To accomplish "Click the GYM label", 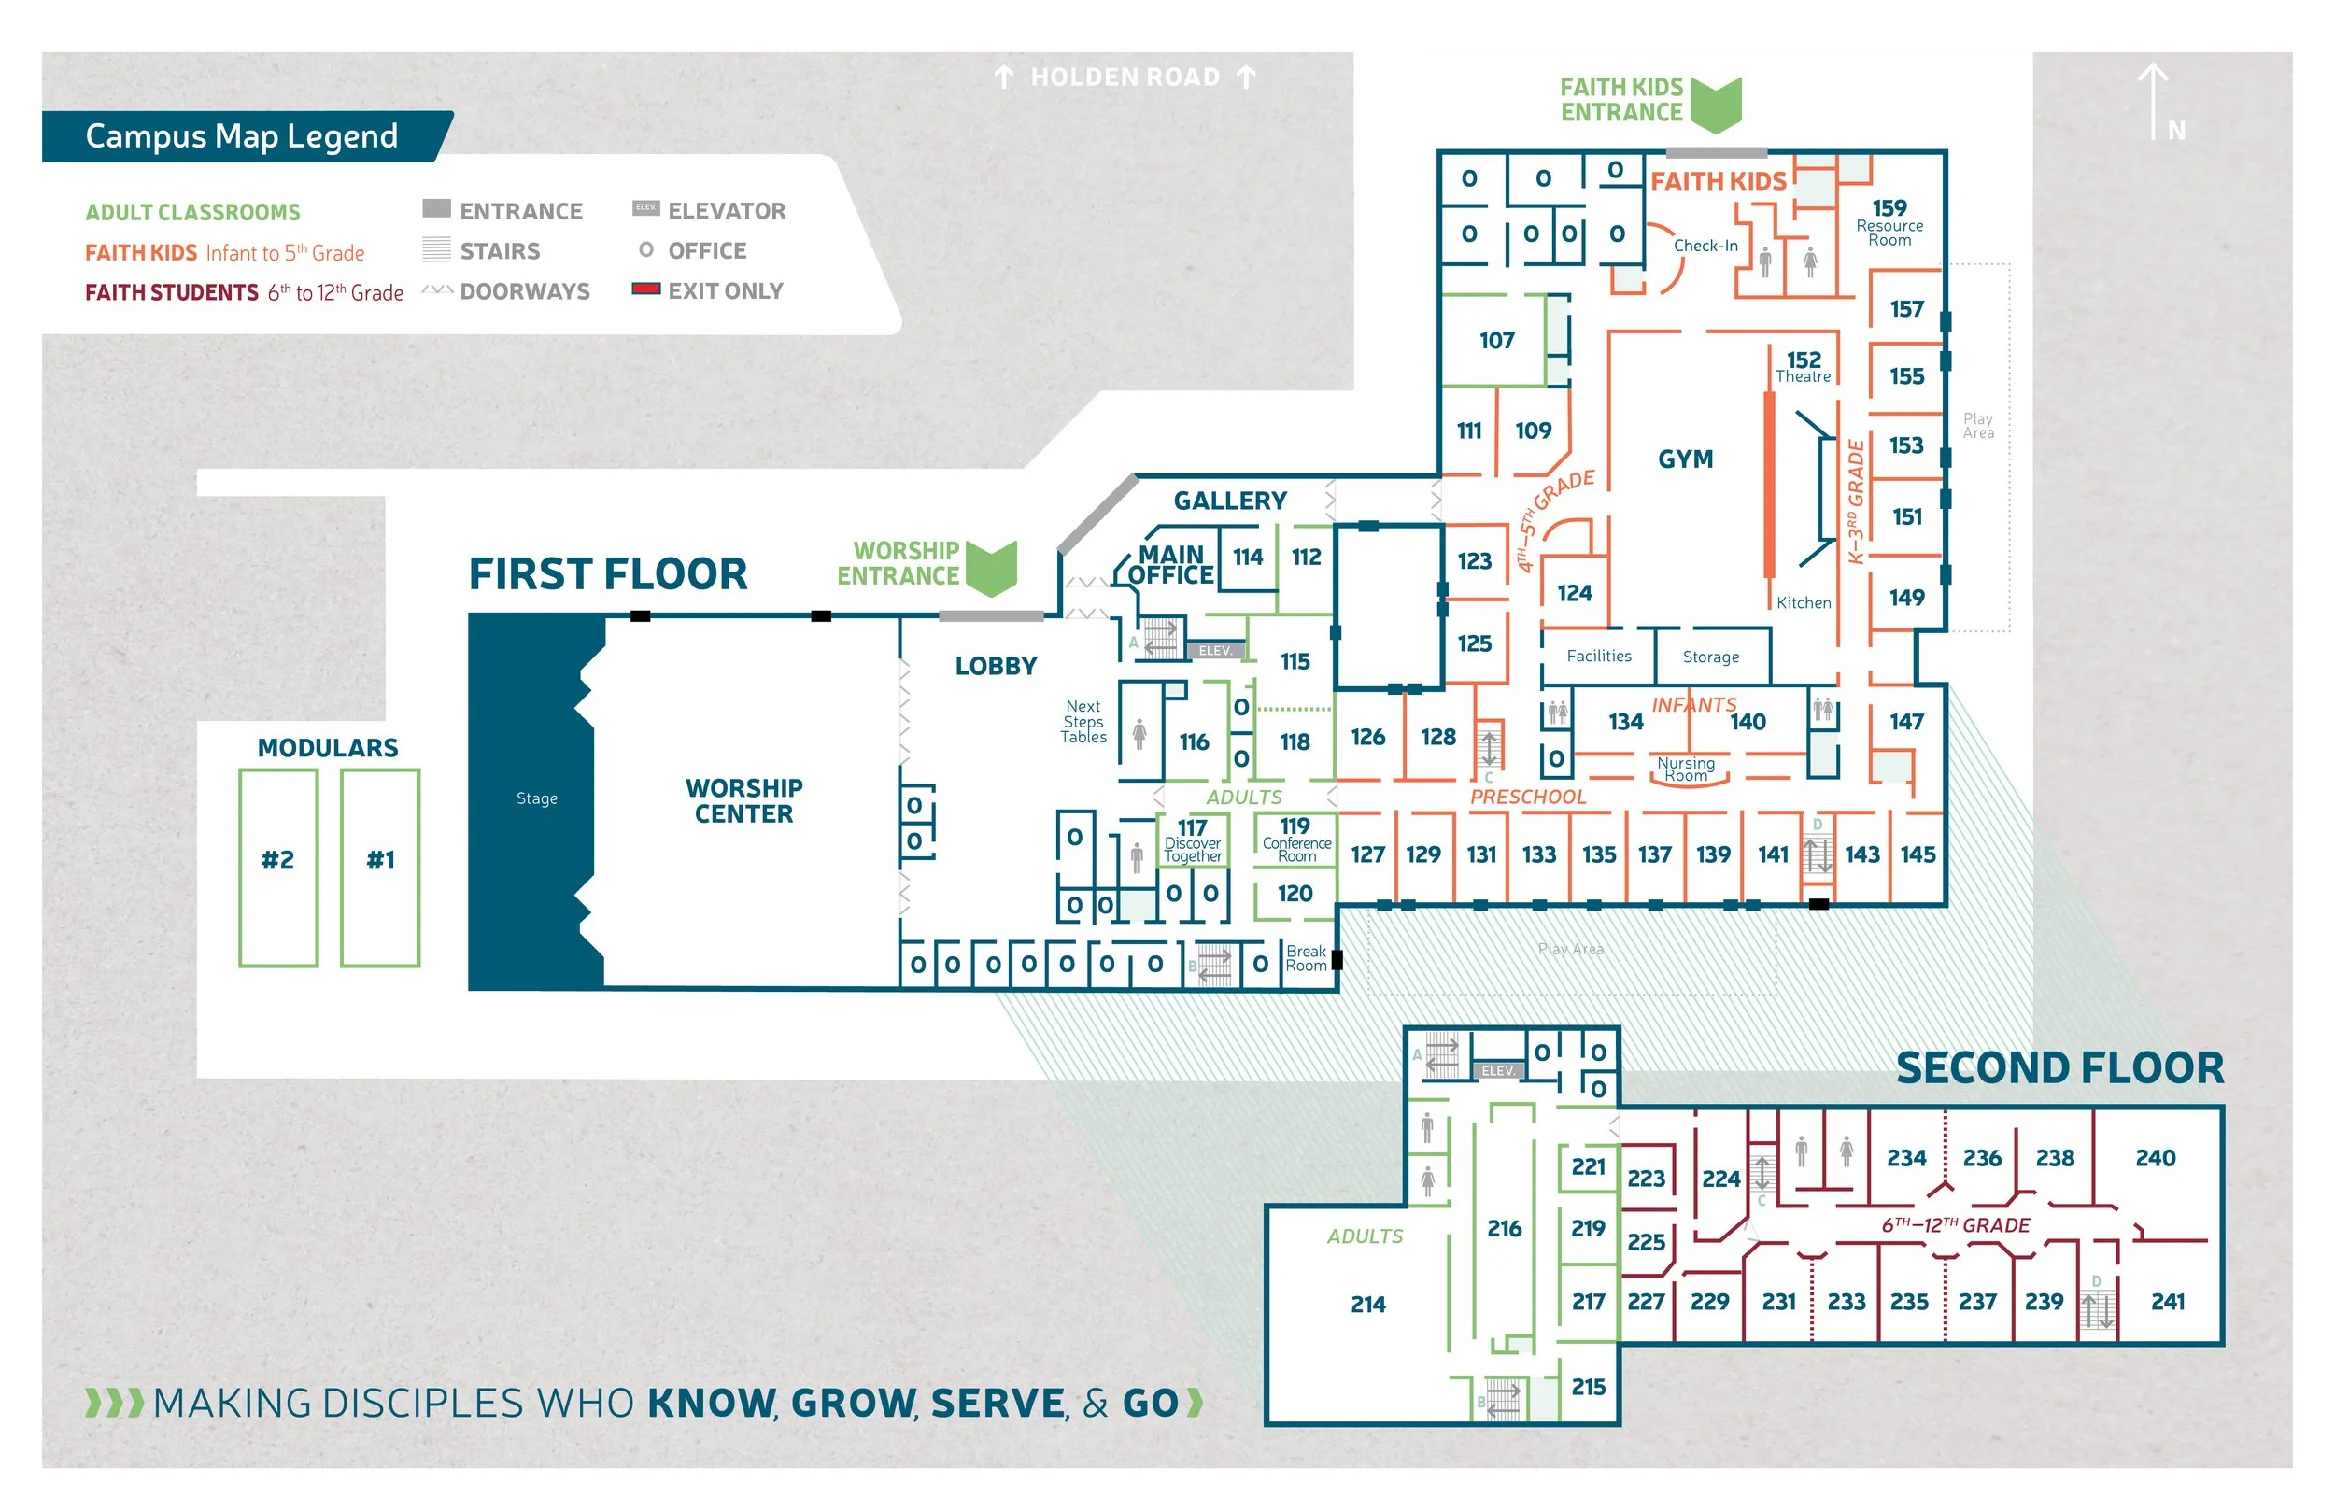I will tap(1686, 459).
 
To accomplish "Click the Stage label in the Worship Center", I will tap(537, 798).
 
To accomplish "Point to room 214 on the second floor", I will tap(1367, 1304).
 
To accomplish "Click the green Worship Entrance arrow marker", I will tap(991, 567).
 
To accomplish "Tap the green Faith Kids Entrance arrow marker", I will tap(1716, 104).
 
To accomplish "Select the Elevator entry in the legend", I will tap(726, 211).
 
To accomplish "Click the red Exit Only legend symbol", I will tap(645, 289).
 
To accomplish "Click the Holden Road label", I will tap(1125, 77).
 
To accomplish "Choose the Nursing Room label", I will tap(1686, 770).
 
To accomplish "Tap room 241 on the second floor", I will tap(2167, 1302).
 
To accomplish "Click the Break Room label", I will tap(1306, 958).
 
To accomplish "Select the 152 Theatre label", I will tap(1804, 367).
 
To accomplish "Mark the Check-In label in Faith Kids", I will tap(1705, 246).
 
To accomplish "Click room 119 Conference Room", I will tap(1296, 840).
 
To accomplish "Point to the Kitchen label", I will tap(1804, 602).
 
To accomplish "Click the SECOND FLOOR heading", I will tap(2059, 1067).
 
